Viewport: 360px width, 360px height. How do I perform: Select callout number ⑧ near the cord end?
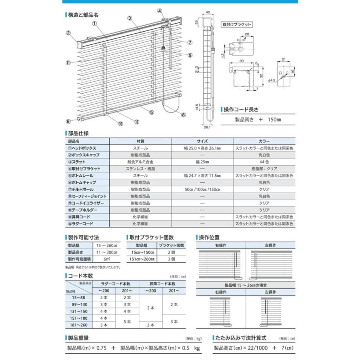point(183,115)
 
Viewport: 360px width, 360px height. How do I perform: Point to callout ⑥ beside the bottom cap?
point(68,121)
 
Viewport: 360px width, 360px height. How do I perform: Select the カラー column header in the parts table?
point(264,141)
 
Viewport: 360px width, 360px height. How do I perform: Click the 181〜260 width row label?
point(78,325)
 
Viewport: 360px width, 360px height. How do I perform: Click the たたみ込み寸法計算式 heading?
point(242,337)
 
